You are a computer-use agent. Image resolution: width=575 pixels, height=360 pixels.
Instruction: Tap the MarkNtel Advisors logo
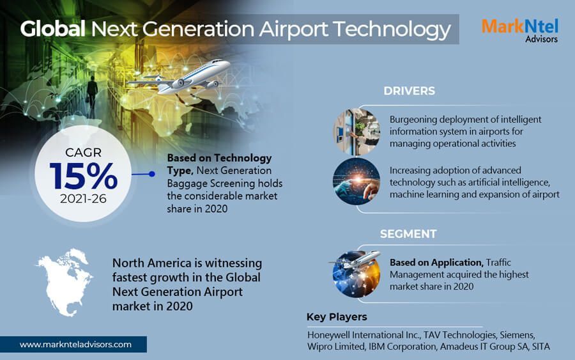[x=519, y=29]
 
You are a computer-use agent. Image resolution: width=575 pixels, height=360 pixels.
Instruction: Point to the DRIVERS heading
[x=409, y=91]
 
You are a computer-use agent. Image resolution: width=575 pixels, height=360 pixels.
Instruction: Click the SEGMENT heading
[x=408, y=234]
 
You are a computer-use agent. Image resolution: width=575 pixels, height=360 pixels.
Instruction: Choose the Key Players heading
[x=337, y=317]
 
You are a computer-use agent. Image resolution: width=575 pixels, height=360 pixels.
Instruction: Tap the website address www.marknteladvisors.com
[x=75, y=345]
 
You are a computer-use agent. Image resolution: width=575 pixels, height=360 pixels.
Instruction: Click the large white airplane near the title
[x=192, y=77]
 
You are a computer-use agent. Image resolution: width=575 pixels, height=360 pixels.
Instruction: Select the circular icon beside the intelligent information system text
[x=355, y=131]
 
